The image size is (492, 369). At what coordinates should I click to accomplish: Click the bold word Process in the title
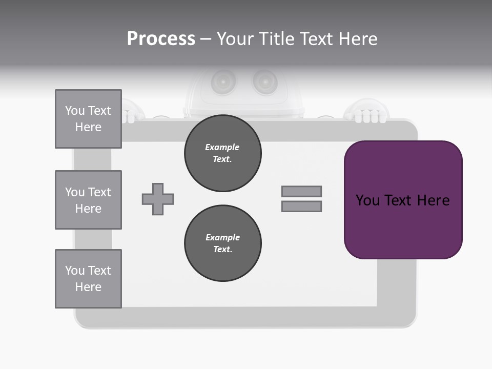[x=161, y=39]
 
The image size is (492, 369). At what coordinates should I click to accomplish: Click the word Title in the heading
[x=276, y=39]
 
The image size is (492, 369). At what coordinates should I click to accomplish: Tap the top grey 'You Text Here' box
[x=88, y=119]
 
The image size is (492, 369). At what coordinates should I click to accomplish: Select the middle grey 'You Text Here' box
[x=88, y=200]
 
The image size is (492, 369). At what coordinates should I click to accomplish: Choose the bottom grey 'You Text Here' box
[x=88, y=279]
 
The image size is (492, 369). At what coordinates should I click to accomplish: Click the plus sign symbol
[x=158, y=199]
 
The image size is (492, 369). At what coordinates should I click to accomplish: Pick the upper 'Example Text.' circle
[x=222, y=153]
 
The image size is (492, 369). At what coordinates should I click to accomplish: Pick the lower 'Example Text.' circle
[x=222, y=243]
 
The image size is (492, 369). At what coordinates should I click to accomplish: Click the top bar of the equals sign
[x=301, y=191]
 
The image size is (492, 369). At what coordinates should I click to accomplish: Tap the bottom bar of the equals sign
[x=301, y=207]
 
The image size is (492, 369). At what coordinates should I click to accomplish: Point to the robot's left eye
[x=224, y=80]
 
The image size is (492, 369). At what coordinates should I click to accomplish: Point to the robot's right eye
[x=264, y=80]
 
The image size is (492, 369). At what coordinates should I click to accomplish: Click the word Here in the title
[x=358, y=39]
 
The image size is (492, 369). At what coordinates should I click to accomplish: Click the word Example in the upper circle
[x=222, y=147]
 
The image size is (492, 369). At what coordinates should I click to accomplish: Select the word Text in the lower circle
[x=222, y=250]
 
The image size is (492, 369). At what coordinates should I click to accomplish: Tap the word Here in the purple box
[x=434, y=200]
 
